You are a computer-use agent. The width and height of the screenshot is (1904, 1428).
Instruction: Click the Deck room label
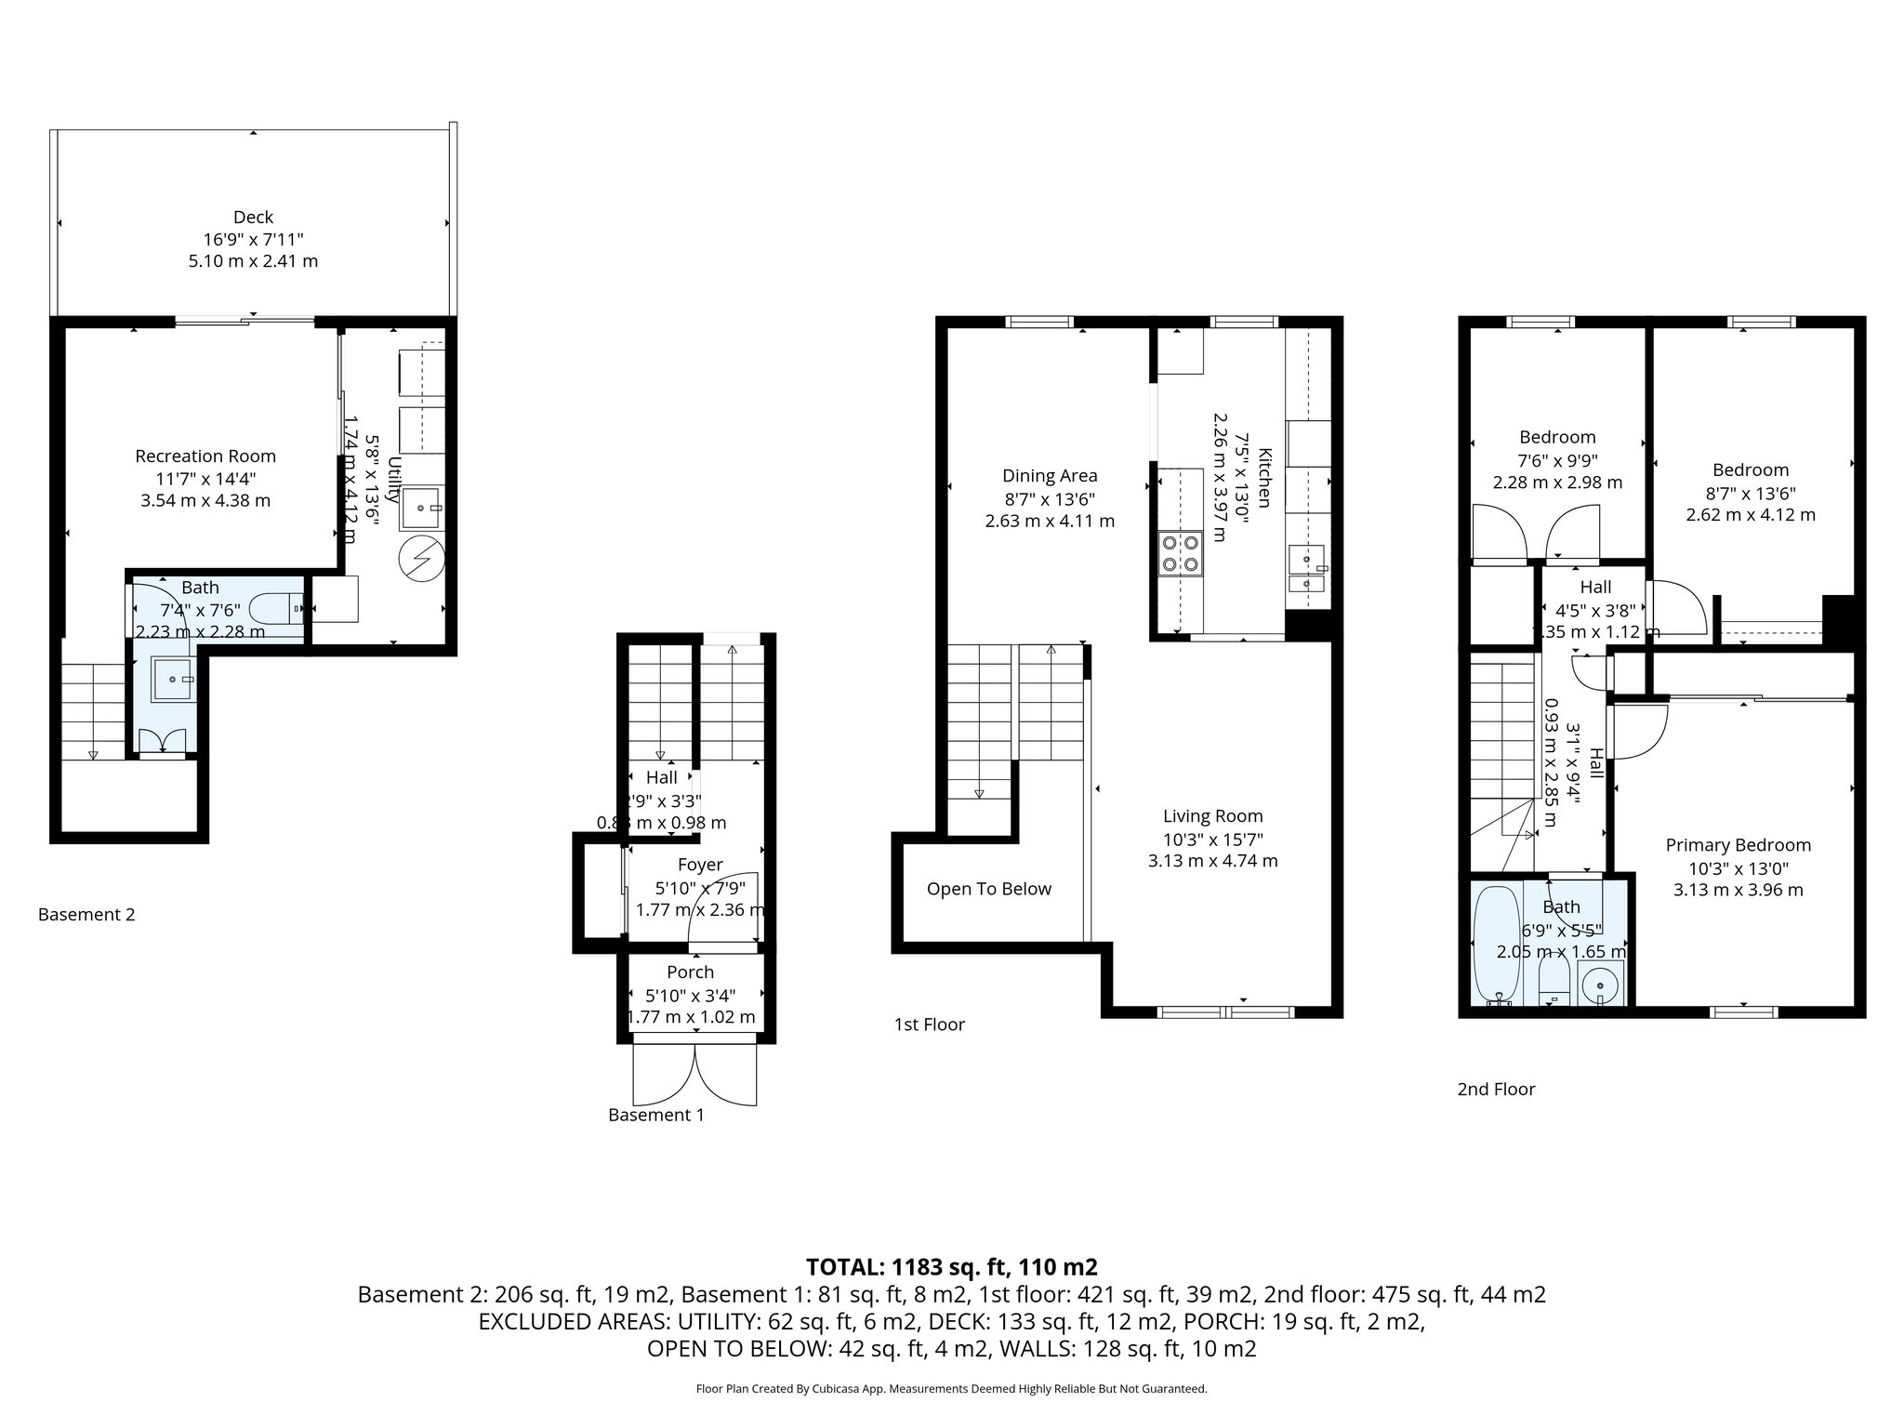[253, 218]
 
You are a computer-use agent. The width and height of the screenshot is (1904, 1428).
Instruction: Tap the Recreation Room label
[205, 456]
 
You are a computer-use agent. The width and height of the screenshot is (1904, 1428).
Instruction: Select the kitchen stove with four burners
[1180, 552]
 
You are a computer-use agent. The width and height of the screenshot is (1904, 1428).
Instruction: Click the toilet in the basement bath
[283, 609]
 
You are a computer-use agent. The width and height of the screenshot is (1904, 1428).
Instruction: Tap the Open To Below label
[988, 889]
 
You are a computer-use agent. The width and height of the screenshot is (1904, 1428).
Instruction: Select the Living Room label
[1212, 816]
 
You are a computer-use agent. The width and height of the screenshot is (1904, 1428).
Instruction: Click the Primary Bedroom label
[1738, 845]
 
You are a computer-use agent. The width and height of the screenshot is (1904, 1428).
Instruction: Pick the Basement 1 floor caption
[655, 1115]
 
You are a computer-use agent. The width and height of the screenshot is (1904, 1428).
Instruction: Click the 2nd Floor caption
[1496, 1089]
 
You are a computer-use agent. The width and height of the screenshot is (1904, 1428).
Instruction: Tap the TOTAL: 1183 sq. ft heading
[951, 1266]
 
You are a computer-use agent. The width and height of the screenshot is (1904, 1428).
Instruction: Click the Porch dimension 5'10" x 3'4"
[690, 995]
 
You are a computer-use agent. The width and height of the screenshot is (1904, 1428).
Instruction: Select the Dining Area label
[1050, 476]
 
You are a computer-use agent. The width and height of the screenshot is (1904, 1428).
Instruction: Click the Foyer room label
[700, 865]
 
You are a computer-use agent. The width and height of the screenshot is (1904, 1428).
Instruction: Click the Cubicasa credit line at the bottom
[951, 1389]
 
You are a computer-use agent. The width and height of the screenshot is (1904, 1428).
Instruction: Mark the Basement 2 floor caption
[86, 915]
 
